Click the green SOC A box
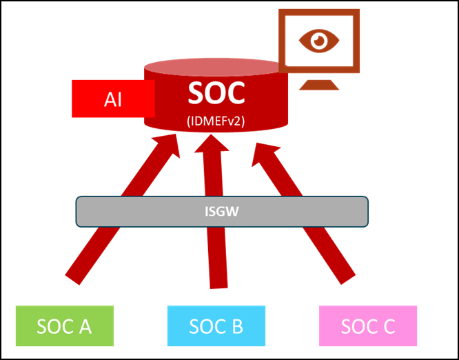click(64, 326)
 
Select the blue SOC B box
click(216, 326)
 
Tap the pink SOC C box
click(367, 326)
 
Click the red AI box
click(113, 99)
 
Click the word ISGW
click(222, 212)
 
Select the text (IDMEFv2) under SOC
click(216, 121)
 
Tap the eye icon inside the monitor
click(319, 40)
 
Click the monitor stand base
click(319, 86)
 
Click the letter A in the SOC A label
click(85, 326)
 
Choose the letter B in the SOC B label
click(236, 326)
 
